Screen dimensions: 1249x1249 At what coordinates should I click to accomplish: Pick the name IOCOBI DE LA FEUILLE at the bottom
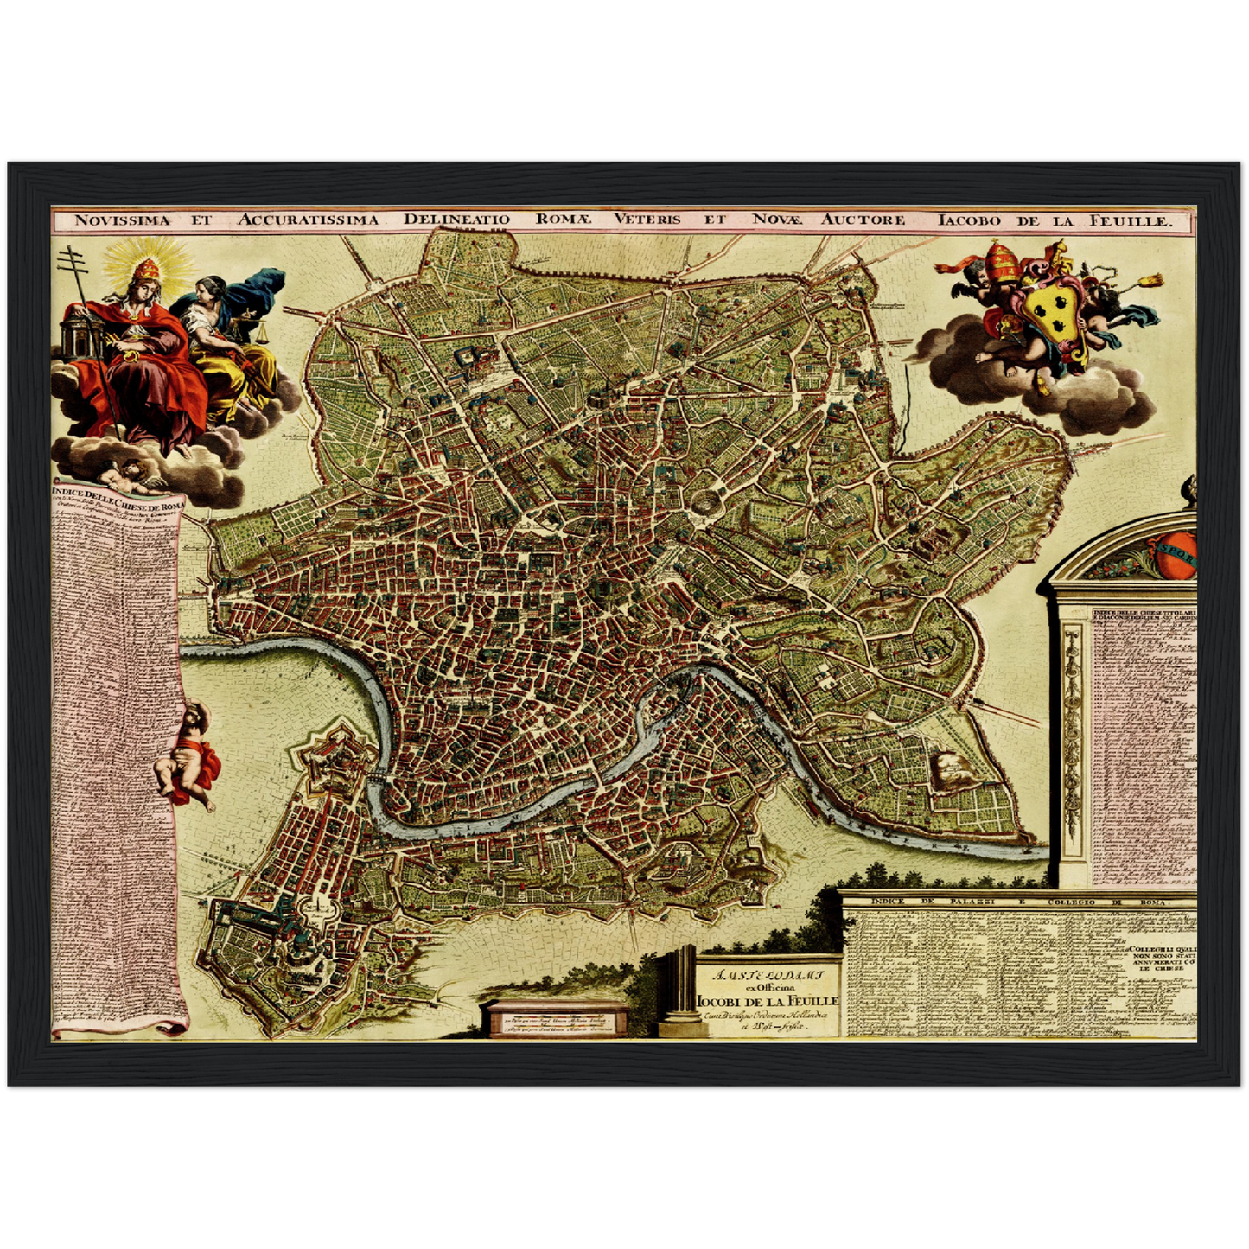click(768, 1000)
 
